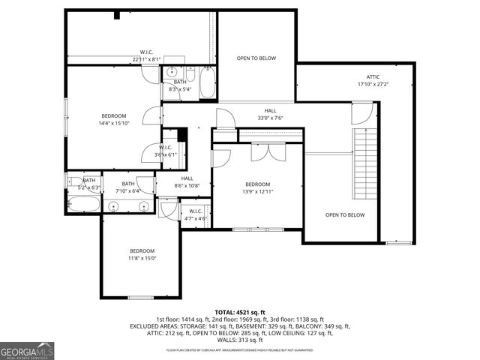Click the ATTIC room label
click(x=373, y=77)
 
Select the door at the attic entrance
click(x=361, y=113)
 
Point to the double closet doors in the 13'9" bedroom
click(x=268, y=152)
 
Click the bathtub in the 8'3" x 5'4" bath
click(x=208, y=82)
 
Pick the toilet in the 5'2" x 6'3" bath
click(x=75, y=181)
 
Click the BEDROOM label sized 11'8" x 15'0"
click(x=142, y=254)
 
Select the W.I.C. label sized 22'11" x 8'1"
click(x=147, y=55)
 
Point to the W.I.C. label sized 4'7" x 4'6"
click(x=195, y=214)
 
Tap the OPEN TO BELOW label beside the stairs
click(x=344, y=215)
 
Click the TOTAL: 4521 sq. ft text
click(x=240, y=312)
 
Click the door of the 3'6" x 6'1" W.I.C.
click(x=151, y=152)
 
